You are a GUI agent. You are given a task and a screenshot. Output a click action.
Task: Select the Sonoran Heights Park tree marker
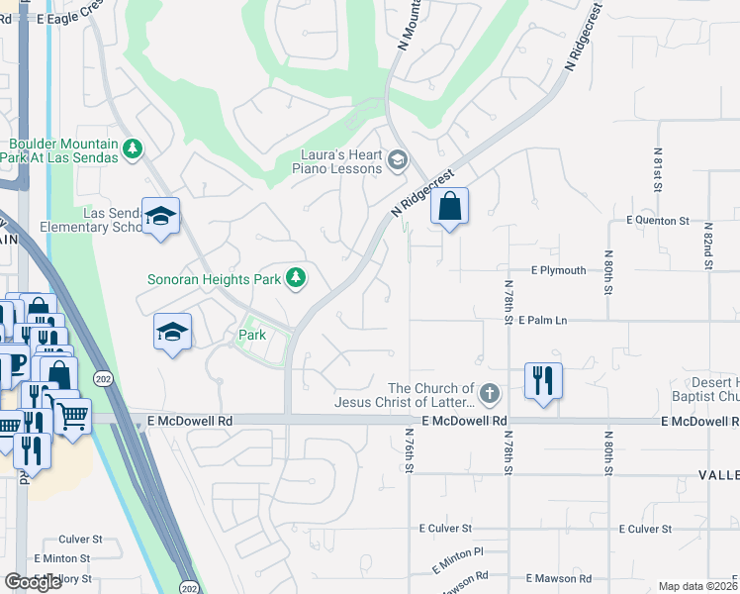[295, 279]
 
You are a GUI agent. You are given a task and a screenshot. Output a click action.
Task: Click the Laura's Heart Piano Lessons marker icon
[397, 160]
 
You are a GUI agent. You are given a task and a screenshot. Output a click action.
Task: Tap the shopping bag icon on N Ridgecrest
[449, 206]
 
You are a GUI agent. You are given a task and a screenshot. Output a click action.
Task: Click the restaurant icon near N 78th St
[542, 380]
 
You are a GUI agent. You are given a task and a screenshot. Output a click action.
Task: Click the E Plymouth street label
[558, 269]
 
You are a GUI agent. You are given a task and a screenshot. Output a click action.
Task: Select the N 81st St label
[657, 169]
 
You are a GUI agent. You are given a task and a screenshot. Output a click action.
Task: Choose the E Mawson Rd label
[559, 578]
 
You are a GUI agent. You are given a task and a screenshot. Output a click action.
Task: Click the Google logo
[33, 582]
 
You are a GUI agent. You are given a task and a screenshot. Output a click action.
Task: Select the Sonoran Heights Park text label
[215, 279]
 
